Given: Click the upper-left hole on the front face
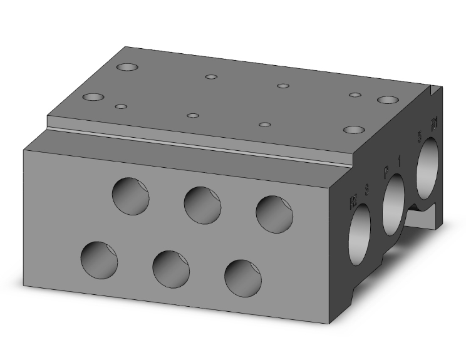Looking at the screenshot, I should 131,196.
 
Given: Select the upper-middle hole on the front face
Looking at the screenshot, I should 202,205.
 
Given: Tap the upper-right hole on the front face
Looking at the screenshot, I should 274,214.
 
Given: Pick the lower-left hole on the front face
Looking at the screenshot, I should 100,260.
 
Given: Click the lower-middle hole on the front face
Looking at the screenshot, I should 171,269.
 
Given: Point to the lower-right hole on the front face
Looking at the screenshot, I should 243,278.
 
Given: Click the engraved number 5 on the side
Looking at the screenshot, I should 420,136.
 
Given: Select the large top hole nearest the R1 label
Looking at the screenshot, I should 388,100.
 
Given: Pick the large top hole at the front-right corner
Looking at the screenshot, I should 354,130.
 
